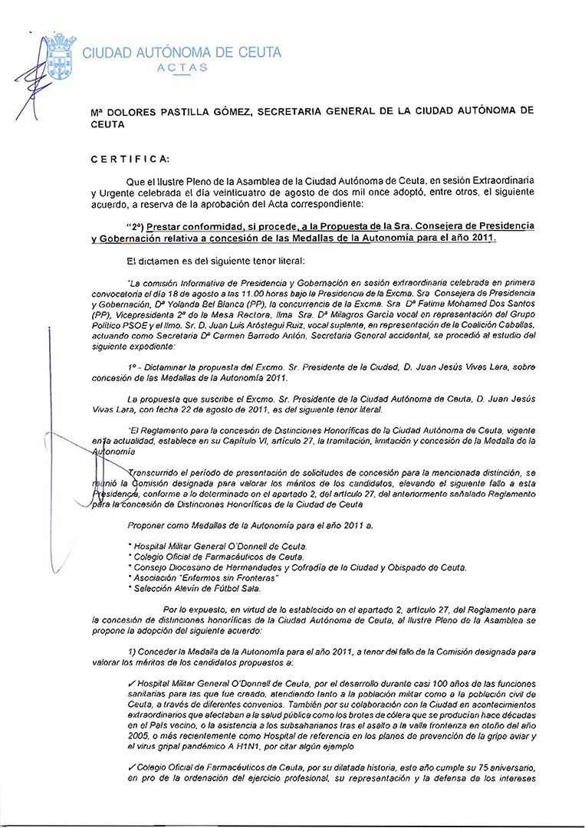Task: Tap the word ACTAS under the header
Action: tap(182, 67)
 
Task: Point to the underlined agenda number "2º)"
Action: tap(134, 228)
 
